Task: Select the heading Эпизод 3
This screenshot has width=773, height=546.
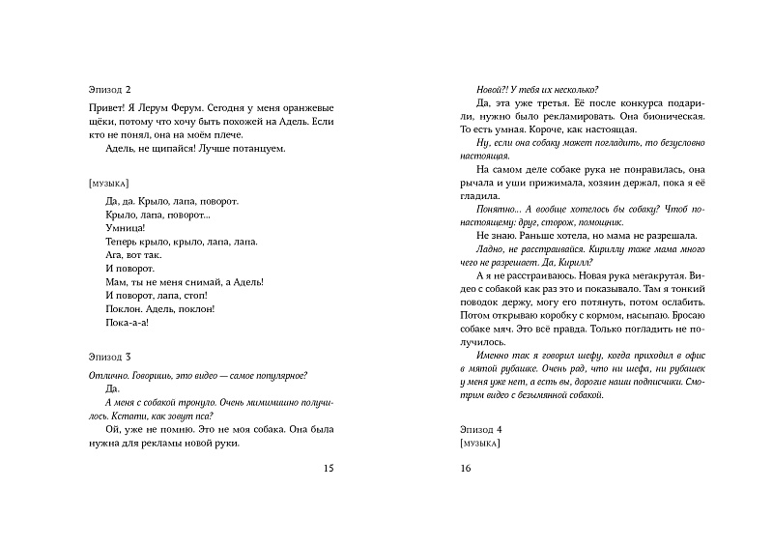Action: click(107, 358)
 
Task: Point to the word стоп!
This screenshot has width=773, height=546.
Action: click(201, 296)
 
